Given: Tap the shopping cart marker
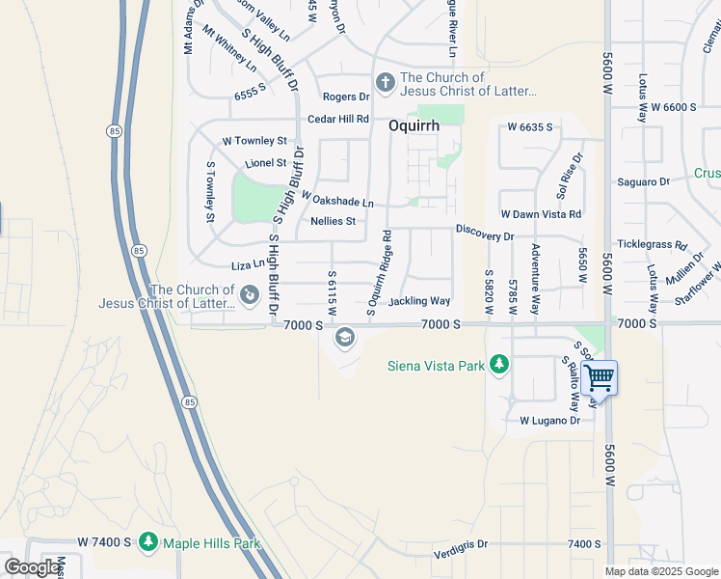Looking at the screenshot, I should [599, 376].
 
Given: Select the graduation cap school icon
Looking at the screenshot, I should [343, 338].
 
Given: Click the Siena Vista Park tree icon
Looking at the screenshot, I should [498, 364].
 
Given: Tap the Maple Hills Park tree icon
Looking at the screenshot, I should [147, 543].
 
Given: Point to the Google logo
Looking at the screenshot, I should [32, 566].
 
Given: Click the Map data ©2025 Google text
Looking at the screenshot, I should [661, 571].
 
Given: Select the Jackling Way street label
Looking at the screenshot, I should [419, 301].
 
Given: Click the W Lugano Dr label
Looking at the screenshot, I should [549, 421].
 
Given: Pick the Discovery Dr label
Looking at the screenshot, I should [485, 234].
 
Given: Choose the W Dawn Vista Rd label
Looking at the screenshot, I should [540, 214].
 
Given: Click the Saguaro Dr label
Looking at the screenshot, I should [643, 181].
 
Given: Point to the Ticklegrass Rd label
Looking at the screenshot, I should [652, 245].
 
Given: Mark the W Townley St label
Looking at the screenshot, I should [254, 141].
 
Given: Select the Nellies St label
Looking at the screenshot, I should [333, 221].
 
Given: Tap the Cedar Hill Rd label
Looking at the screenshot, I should [337, 119].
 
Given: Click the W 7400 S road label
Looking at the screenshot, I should [104, 543].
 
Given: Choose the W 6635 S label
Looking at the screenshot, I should [530, 126].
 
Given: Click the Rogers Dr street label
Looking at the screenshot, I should [346, 96].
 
